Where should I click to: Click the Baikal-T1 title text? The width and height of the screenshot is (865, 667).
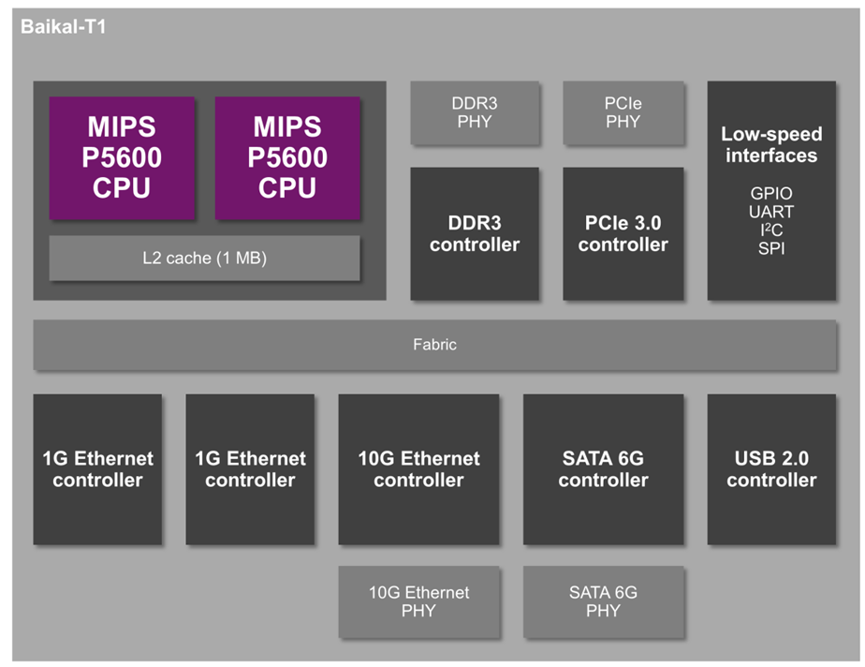(x=64, y=26)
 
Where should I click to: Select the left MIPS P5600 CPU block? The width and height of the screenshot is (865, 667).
(x=122, y=158)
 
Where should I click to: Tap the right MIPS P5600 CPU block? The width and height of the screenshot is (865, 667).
(x=287, y=158)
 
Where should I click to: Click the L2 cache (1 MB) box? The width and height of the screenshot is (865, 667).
(x=205, y=258)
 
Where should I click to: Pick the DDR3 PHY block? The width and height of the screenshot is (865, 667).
(x=475, y=112)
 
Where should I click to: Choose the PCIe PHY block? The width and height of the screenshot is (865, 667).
(x=623, y=112)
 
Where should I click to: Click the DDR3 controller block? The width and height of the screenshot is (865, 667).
(x=475, y=233)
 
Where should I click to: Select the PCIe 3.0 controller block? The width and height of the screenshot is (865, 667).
(x=623, y=233)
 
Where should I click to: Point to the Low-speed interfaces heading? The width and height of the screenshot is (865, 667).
(x=771, y=144)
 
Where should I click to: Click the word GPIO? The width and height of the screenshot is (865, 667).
(x=771, y=193)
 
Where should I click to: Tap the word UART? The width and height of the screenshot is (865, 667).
(x=771, y=212)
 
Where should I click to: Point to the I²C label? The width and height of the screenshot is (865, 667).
(x=771, y=230)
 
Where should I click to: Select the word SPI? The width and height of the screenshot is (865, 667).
(x=771, y=248)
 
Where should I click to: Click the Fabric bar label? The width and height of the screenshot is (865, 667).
(x=434, y=345)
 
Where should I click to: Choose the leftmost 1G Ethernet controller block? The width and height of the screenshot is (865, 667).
(x=97, y=469)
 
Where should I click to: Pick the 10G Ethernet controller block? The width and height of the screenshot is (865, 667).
(x=418, y=469)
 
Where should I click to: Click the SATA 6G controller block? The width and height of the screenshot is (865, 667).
(x=604, y=469)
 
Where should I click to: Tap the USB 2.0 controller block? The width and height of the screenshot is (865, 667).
(x=771, y=469)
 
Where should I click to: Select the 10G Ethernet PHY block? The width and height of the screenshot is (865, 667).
(x=418, y=601)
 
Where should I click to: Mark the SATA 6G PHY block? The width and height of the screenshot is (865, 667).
(x=604, y=601)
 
